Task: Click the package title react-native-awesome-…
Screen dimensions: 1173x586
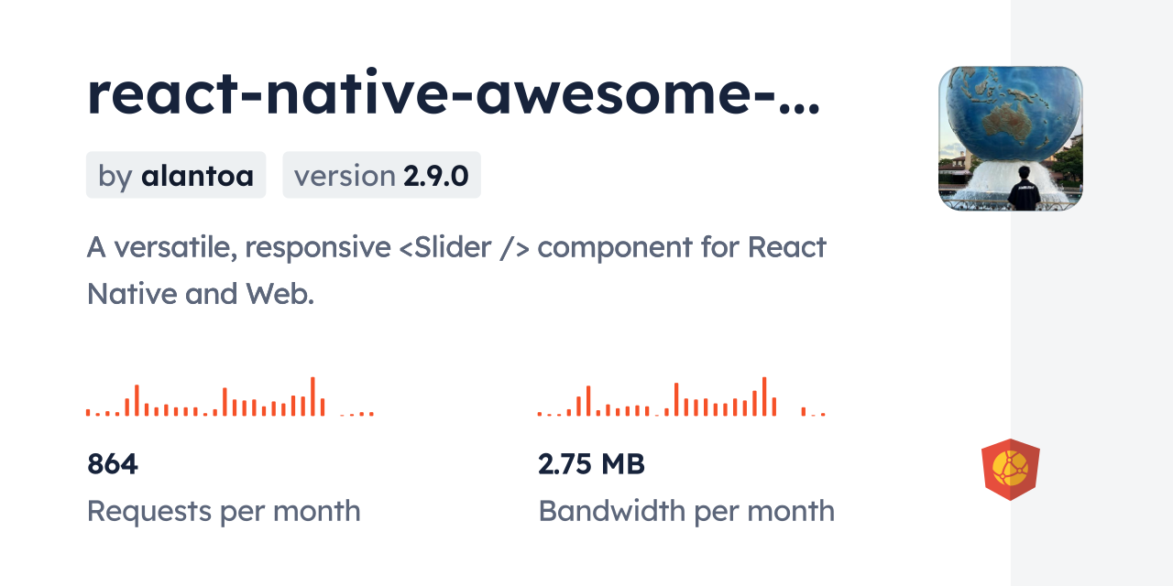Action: pyautogui.click(x=454, y=93)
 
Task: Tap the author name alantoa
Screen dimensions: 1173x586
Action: pyautogui.click(x=197, y=176)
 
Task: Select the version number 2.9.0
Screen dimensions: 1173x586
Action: pyautogui.click(x=435, y=176)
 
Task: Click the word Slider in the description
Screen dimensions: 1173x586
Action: pyautogui.click(x=453, y=247)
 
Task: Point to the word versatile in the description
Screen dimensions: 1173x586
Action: pyautogui.click(x=176, y=248)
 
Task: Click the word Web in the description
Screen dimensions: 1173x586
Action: pyautogui.click(x=280, y=294)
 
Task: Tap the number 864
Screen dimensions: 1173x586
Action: pyautogui.click(x=112, y=464)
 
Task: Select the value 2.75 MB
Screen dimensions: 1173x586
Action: pyautogui.click(x=591, y=464)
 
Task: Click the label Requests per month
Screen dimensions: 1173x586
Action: pyautogui.click(x=224, y=511)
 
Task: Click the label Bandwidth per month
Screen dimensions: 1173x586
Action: pyautogui.click(x=686, y=511)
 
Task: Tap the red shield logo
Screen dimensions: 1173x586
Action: pyautogui.click(x=1011, y=470)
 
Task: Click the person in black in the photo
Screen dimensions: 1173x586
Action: pyautogui.click(x=1024, y=190)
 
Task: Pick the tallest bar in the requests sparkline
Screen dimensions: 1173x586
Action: pyautogui.click(x=312, y=396)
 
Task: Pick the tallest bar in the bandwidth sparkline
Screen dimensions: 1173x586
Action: pyautogui.click(x=764, y=396)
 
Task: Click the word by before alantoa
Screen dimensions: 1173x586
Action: pyautogui.click(x=115, y=177)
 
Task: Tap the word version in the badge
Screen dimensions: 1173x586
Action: pyautogui.click(x=345, y=177)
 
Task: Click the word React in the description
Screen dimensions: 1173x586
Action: pyautogui.click(x=786, y=247)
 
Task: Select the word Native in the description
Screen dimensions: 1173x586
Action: pyautogui.click(x=132, y=294)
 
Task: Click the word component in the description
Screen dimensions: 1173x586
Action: pyautogui.click(x=615, y=248)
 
